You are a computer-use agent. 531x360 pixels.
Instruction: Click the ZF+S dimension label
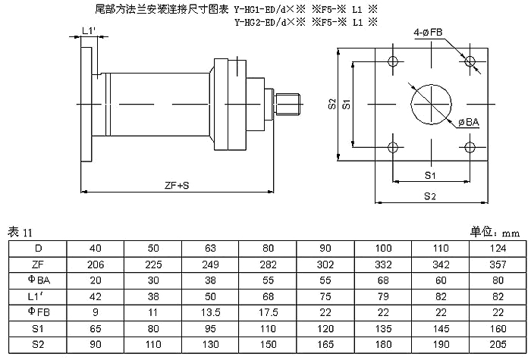[177, 185]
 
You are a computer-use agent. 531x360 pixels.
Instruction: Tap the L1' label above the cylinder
[89, 31]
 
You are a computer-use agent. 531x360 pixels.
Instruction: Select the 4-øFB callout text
[428, 33]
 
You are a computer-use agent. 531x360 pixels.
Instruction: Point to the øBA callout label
[469, 122]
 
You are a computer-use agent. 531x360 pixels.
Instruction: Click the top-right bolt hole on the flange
[470, 61]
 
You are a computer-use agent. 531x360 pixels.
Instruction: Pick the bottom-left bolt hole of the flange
[393, 147]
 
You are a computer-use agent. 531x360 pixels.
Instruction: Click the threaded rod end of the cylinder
[287, 105]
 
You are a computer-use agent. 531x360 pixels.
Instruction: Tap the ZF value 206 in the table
[96, 265]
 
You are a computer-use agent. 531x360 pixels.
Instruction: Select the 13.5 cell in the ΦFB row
[210, 312]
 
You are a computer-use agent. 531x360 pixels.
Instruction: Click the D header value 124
[498, 249]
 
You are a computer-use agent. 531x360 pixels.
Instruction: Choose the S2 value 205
[498, 344]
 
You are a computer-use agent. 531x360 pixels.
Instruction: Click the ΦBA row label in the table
[39, 280]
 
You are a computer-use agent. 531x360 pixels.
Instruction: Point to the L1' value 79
[383, 296]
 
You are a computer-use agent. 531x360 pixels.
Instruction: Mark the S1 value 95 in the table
[210, 328]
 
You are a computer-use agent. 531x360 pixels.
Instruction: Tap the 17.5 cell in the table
[269, 312]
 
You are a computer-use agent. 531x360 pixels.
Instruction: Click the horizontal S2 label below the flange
[430, 196]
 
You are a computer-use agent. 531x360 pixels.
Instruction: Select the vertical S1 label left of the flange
[346, 105]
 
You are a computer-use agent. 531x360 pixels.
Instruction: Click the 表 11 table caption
[20, 233]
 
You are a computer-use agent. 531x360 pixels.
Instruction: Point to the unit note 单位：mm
[495, 232]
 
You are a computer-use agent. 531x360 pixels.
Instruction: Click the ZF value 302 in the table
[325, 265]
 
